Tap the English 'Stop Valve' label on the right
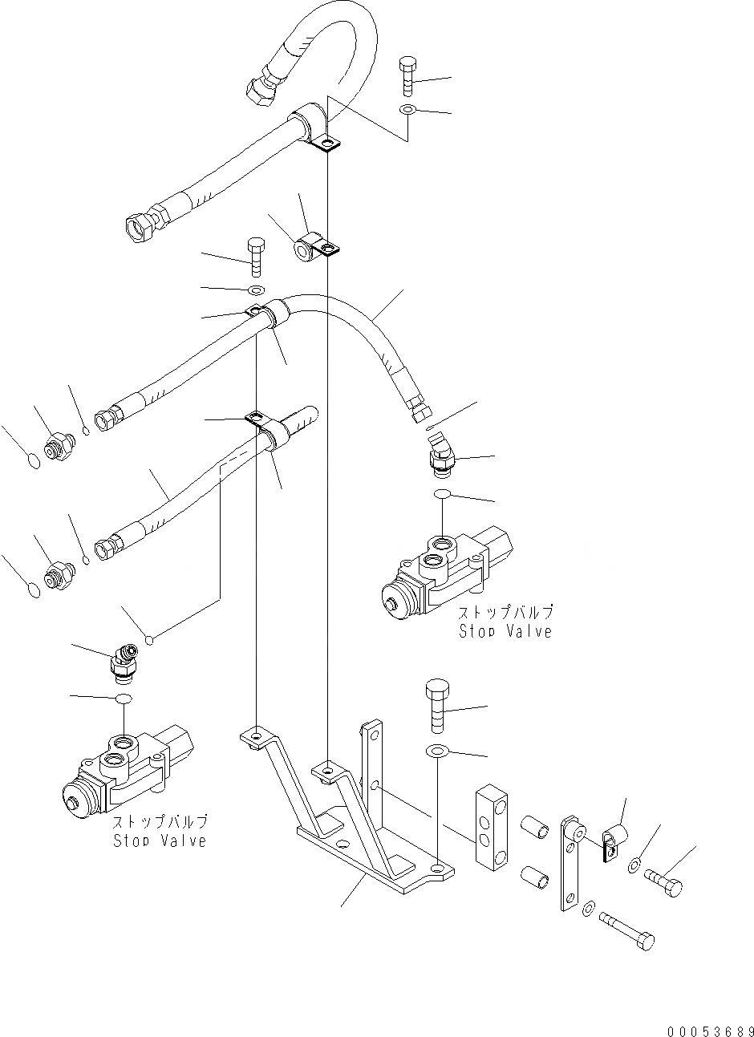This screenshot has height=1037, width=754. [x=505, y=631]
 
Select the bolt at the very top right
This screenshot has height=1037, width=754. [x=407, y=76]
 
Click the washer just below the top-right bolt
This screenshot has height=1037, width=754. [x=407, y=109]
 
